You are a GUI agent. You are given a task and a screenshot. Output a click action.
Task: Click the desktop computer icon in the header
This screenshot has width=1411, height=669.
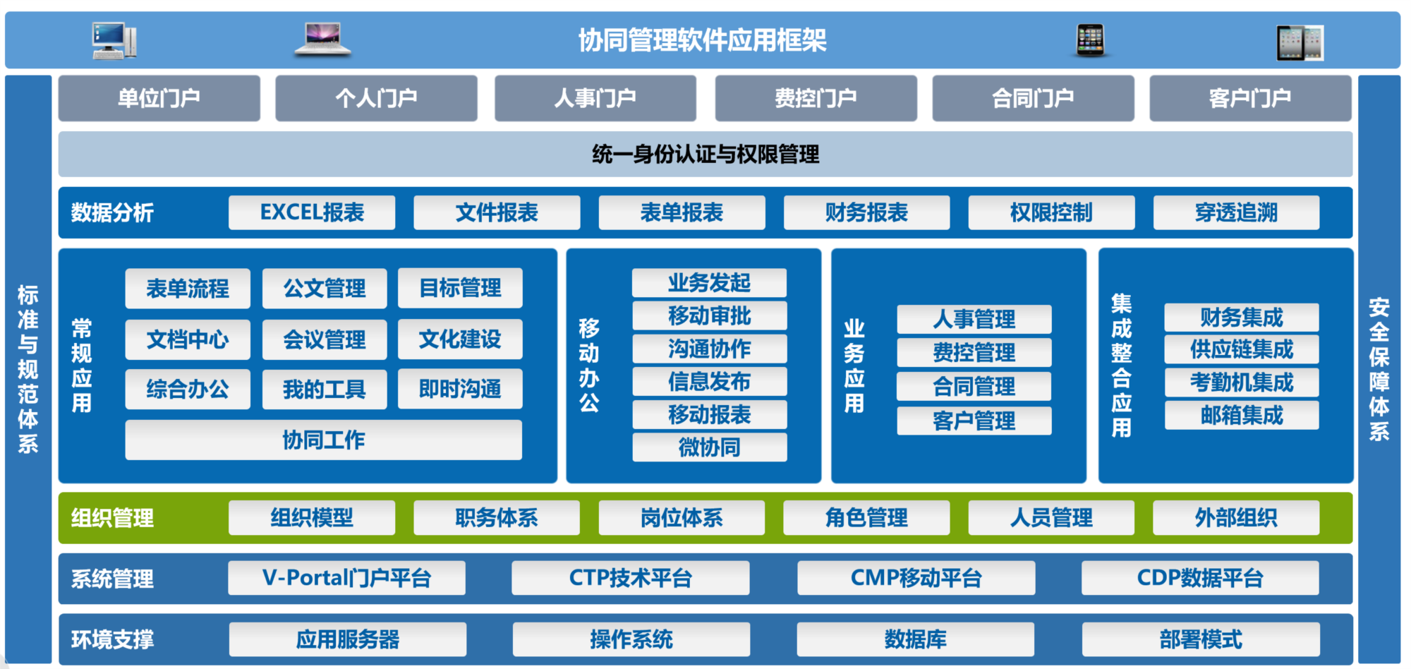[114, 40]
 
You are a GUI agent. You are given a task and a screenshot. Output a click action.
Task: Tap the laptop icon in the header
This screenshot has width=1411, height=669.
[322, 39]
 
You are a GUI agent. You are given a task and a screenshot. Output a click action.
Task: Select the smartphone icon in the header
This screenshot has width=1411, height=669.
[1090, 40]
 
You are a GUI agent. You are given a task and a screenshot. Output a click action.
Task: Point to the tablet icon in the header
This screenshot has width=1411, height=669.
[1300, 43]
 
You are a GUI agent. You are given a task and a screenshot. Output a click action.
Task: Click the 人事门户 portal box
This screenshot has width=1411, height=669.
[595, 98]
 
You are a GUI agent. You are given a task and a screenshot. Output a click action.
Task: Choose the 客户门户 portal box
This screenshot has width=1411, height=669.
[1250, 98]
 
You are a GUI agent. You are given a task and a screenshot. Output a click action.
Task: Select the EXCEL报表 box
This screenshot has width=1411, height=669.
[312, 212]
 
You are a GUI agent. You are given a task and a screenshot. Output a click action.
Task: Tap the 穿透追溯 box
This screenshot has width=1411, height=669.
[1236, 212]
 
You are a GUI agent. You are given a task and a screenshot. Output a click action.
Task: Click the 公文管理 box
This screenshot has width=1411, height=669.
[325, 288]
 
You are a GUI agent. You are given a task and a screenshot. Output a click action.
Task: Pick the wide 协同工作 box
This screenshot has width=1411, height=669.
[324, 440]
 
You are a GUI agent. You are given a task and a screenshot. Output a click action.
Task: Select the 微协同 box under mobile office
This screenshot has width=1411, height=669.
[710, 447]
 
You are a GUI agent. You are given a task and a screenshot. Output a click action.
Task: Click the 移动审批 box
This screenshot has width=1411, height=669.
[710, 315]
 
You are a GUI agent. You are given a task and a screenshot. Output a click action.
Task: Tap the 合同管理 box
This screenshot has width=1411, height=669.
[974, 386]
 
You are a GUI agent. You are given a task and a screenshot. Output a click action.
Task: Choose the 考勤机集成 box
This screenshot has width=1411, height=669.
[1242, 382]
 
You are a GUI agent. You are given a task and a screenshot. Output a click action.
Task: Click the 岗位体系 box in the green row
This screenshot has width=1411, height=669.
[682, 517]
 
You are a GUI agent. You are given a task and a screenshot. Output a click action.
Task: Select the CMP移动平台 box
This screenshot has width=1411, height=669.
[916, 578]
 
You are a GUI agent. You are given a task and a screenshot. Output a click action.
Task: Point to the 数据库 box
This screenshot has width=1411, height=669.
[916, 639]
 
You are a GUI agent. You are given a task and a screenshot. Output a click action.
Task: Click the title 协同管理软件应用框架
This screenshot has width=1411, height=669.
[703, 40]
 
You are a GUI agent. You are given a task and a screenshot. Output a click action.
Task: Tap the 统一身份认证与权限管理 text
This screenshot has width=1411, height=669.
[705, 154]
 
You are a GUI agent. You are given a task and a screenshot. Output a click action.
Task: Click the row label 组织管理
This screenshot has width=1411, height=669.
[112, 518]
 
